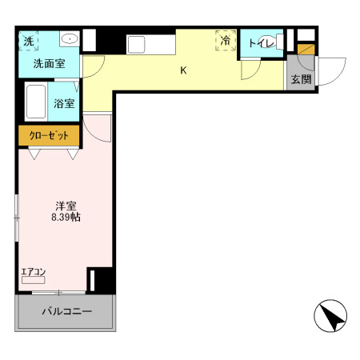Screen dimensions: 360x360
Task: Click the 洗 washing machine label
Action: pos(28,41)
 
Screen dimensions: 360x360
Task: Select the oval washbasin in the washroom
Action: pos(69,38)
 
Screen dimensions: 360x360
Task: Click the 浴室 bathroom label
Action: pos(64,103)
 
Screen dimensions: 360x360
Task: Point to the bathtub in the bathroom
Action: pos(36,102)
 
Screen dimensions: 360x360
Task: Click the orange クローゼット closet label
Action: pos(49,135)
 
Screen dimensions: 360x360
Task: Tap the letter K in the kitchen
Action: pos(183,70)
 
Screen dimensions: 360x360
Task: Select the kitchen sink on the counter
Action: pos(135,43)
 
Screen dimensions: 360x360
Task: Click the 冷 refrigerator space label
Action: pos(226,40)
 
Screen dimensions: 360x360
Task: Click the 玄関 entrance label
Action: pos(301,79)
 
